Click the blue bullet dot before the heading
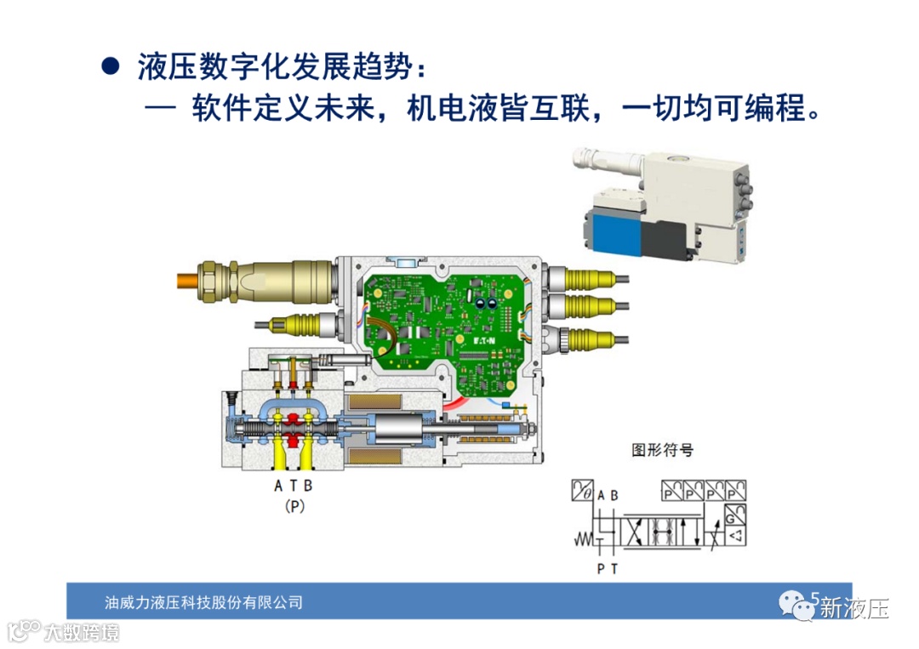111,65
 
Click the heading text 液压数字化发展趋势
275,66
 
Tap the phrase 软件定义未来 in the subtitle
283,108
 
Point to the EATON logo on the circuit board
484,340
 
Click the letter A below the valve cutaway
277,486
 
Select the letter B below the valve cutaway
308,486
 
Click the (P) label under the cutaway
294,506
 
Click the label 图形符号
662,450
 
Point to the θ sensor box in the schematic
583,490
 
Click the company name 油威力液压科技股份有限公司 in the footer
204,602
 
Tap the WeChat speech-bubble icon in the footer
796,605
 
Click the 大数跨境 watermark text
82,633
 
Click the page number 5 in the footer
814,598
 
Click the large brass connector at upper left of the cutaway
266,282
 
